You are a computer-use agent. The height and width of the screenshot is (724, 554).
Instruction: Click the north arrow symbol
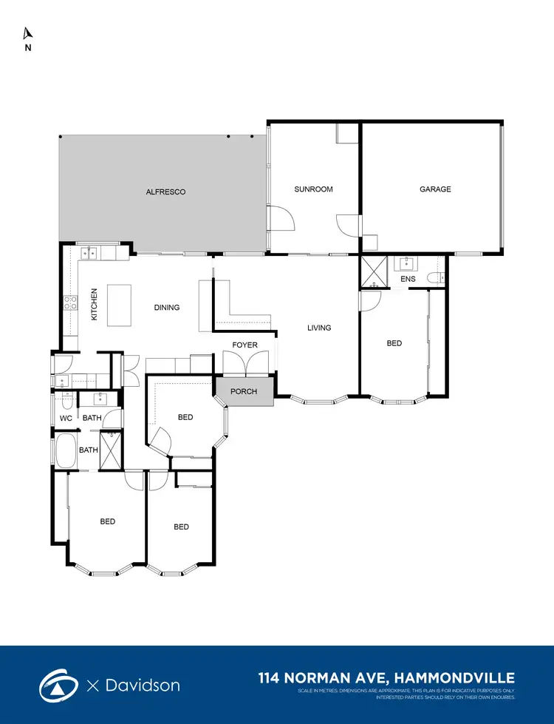click(x=28, y=33)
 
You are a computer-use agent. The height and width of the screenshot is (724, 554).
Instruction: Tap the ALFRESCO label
click(x=165, y=192)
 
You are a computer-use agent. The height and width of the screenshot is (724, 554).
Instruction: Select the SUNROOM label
click(x=313, y=189)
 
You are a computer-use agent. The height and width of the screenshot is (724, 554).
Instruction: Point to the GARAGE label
click(x=435, y=189)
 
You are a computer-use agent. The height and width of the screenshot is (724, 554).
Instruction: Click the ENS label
click(x=408, y=280)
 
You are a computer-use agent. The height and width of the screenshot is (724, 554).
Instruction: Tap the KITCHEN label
click(x=95, y=304)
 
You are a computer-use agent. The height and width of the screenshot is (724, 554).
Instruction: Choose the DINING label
click(x=167, y=308)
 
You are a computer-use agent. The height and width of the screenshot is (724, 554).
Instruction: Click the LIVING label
click(x=319, y=328)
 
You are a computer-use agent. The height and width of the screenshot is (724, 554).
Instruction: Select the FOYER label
click(x=244, y=345)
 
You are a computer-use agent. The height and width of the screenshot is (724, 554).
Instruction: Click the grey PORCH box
click(x=244, y=390)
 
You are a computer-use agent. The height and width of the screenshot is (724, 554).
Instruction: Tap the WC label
click(x=66, y=419)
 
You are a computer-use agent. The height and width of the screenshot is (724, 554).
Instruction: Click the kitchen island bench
click(x=120, y=305)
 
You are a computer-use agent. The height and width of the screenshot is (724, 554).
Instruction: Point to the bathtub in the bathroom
click(x=64, y=451)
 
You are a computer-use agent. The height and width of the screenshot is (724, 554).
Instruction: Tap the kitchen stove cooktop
click(x=72, y=302)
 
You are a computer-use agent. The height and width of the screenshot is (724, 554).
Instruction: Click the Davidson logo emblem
click(x=60, y=685)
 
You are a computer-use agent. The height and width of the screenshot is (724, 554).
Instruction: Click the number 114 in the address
click(x=272, y=677)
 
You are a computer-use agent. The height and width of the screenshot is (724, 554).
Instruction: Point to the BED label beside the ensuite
click(x=394, y=343)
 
